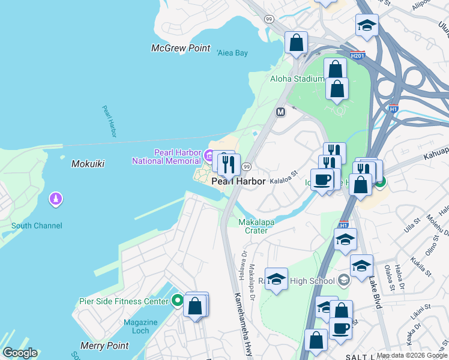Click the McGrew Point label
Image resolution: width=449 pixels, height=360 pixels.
[x=181, y=48]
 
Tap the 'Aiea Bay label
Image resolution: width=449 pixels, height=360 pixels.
[x=232, y=53]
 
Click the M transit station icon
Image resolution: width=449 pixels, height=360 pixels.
[x=280, y=112]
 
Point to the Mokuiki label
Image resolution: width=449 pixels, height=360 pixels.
[x=88, y=163]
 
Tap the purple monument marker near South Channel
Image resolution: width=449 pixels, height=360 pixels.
[x=56, y=198]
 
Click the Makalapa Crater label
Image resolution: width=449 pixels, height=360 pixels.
[x=256, y=226]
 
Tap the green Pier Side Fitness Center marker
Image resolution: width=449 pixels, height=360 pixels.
[x=177, y=300]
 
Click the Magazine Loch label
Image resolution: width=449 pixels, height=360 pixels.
[x=140, y=327]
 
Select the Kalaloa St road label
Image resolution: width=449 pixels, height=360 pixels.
[x=283, y=180]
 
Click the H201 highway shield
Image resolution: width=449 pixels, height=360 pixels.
[x=358, y=55]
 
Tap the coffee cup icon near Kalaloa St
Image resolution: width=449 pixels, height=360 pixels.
[x=322, y=179]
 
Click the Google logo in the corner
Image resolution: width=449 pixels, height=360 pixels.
[x=20, y=353]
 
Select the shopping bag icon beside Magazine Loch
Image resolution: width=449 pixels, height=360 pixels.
[x=196, y=306]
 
